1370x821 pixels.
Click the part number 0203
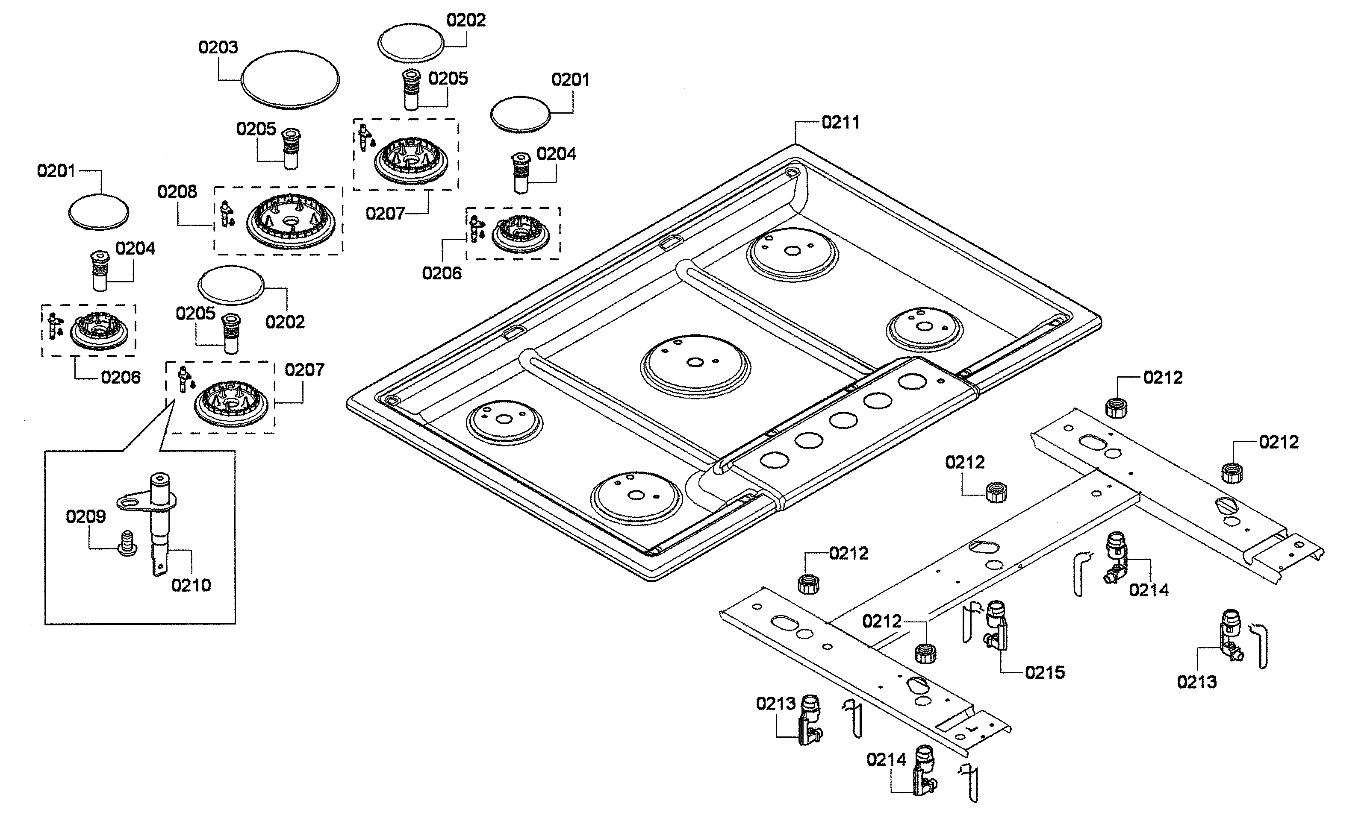(218, 47)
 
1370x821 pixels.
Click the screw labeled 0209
(128, 543)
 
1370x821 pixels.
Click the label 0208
(177, 192)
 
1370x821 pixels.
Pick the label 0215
(1045, 673)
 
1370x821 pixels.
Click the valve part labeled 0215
(996, 626)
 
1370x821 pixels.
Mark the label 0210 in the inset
(191, 585)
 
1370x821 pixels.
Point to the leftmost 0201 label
(56, 171)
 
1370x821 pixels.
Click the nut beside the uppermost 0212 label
(1117, 408)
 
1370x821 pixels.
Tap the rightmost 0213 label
(1197, 682)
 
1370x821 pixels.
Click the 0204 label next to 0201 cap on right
(556, 154)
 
